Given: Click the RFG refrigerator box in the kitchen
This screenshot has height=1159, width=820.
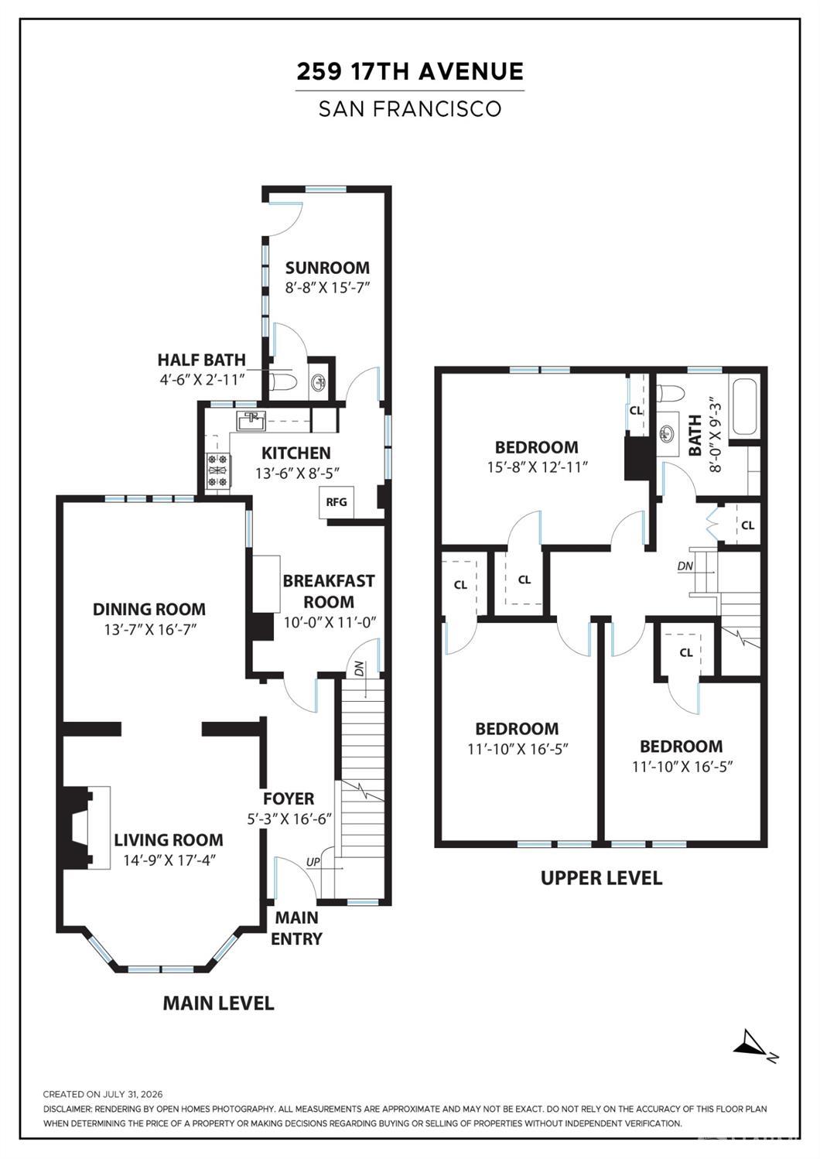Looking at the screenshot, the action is pos(337,501).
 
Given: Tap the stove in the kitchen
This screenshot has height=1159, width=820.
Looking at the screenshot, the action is pos(219,470).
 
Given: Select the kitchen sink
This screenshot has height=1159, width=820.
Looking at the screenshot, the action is pos(251,421).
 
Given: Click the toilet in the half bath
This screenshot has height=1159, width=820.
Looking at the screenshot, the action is pos(282,383).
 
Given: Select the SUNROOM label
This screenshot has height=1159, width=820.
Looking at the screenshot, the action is pos(327,268).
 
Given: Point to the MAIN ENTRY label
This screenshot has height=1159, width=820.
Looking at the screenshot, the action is pos(297,928).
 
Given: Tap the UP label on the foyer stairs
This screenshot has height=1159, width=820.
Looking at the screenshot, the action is pos(313,862).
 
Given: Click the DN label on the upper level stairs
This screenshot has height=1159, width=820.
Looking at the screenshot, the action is pos(685,566).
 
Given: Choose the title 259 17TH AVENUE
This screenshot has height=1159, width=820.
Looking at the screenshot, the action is pos(410,71).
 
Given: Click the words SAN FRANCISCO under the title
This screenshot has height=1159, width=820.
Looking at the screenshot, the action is pos(410,108).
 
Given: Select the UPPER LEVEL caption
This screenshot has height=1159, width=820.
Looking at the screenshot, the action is pos(601,878).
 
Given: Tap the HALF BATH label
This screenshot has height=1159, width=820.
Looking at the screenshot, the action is pos(202,360).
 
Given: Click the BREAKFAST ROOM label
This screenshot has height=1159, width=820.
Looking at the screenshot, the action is pos(329,591).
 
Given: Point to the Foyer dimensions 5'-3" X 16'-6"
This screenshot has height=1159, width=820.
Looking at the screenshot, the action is pos(289,819).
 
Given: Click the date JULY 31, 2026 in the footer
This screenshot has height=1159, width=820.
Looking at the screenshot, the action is pos(132,1094).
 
